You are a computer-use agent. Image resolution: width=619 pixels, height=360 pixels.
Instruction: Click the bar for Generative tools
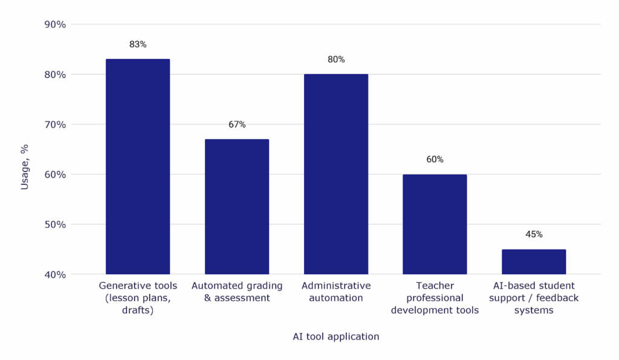(138, 167)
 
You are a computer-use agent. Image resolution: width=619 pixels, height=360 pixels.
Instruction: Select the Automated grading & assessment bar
(237, 207)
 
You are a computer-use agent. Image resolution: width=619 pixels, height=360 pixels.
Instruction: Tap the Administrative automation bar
(336, 174)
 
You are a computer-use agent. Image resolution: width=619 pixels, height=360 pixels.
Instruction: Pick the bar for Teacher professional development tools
(435, 224)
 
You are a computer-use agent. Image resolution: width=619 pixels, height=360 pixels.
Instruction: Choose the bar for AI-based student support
(534, 262)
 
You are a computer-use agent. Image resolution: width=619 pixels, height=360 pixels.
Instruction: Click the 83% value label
(138, 45)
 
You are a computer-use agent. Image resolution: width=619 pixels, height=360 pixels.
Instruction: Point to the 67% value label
(237, 125)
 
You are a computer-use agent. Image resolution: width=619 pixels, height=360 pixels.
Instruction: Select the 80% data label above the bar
(336, 60)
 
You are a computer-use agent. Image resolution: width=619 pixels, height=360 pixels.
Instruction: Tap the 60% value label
(435, 160)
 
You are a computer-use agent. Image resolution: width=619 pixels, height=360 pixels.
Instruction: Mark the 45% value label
(534, 235)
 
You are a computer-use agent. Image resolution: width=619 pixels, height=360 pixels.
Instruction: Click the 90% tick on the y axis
(56, 25)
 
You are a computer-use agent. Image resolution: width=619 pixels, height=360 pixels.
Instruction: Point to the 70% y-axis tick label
(56, 124)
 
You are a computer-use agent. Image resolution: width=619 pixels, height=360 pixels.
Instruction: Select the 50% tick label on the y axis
(56, 225)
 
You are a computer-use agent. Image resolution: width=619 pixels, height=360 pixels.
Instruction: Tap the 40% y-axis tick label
(56, 274)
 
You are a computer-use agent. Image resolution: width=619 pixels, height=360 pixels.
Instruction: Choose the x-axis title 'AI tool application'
(336, 337)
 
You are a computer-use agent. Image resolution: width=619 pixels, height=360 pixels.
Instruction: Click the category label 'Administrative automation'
(336, 292)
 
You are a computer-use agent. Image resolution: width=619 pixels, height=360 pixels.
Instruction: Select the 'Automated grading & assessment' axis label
(237, 292)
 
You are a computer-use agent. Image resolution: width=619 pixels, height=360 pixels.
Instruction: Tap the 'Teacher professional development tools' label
(435, 298)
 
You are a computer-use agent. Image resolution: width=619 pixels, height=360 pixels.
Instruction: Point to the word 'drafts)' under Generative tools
(138, 310)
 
